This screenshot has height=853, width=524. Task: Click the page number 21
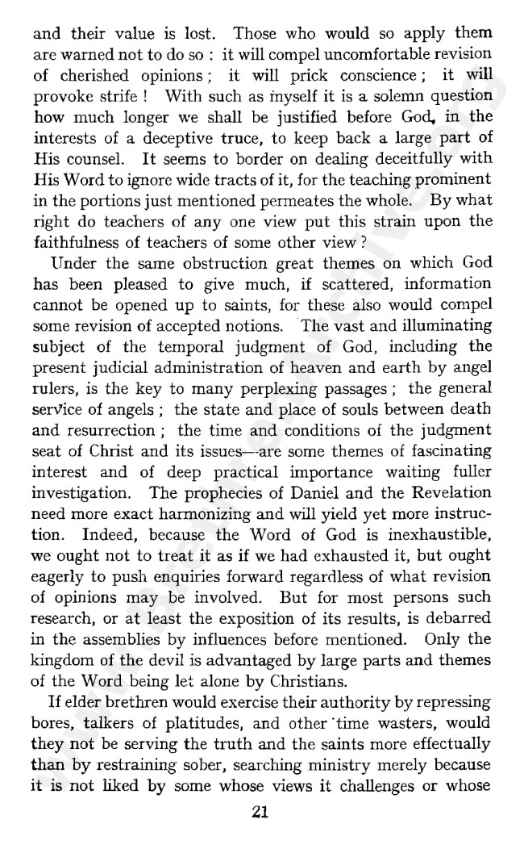click(x=259, y=813)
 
